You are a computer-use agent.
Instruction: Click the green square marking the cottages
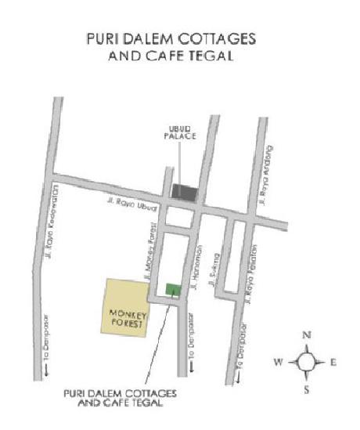(174, 290)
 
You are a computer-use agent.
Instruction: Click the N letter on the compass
(306, 335)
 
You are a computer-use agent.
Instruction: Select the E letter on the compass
(333, 362)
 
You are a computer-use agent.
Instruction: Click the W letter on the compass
(278, 362)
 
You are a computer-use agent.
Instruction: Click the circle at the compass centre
(306, 362)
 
